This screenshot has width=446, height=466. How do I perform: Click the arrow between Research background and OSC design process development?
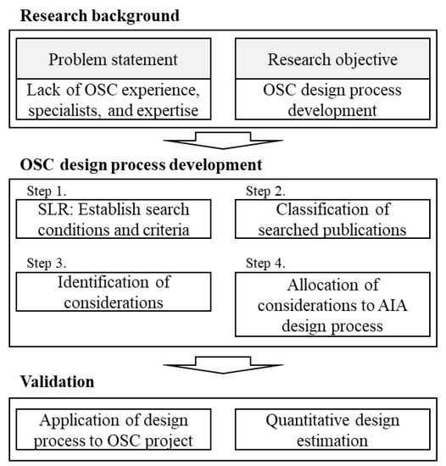point(223,138)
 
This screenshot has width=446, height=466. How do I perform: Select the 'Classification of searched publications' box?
point(332,218)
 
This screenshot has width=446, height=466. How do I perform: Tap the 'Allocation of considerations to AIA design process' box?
point(332,300)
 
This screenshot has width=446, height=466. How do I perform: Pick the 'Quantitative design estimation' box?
point(332,430)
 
